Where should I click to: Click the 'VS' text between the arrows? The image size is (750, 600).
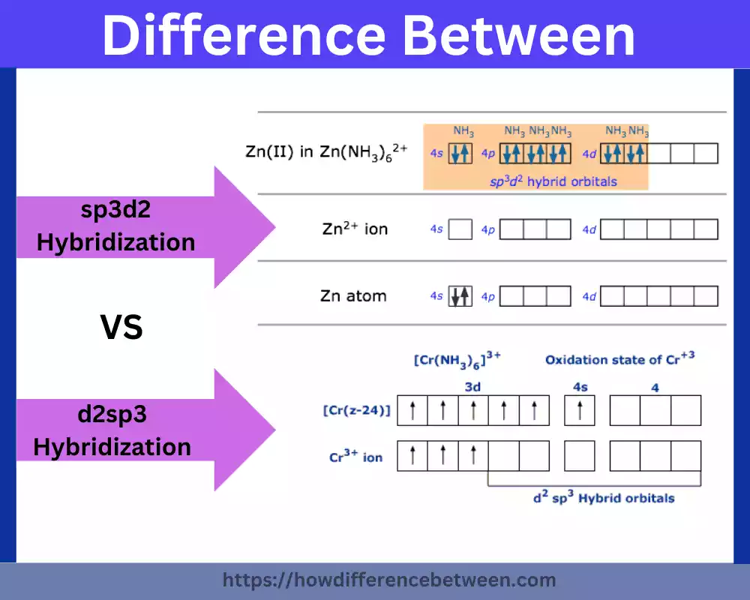122,328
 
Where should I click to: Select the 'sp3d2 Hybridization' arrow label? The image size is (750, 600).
115,226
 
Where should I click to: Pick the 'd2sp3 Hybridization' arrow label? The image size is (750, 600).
112,430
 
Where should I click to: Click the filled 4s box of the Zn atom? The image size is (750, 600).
460,296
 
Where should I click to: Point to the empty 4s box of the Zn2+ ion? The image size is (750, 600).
460,229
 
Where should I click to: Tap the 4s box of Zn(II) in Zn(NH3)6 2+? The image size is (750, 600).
460,154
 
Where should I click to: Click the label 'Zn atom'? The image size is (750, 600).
353,295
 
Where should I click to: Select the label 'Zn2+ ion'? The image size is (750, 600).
355,229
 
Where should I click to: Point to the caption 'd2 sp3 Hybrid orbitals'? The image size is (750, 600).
603,498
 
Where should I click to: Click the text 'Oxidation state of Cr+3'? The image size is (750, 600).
619,358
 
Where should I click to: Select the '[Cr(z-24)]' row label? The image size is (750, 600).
357,410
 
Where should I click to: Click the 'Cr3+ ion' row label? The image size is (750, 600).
355,457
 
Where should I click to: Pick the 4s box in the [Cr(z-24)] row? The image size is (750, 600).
579,410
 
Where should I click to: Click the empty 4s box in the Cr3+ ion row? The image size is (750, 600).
579,456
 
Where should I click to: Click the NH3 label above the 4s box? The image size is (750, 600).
463,131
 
